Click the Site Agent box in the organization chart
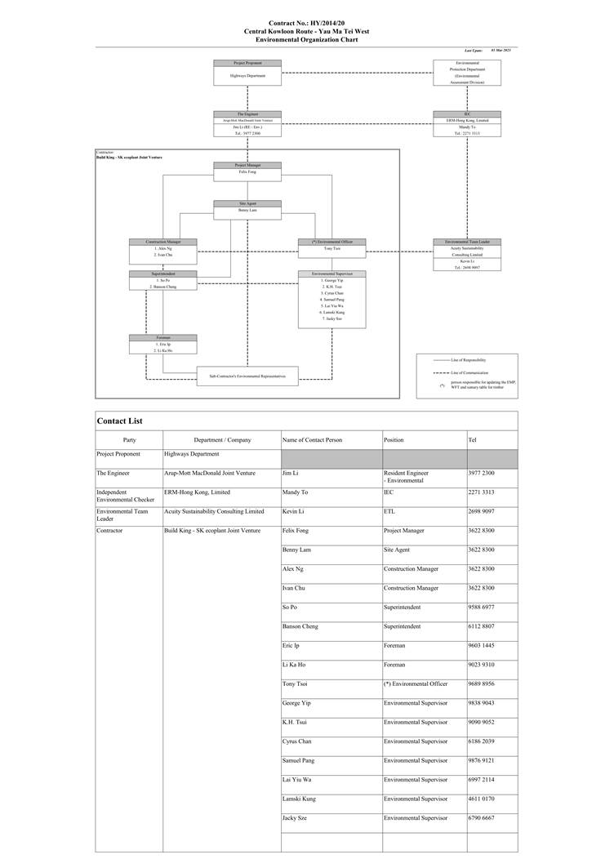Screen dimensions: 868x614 (247, 207)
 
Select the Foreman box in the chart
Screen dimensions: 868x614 (163, 345)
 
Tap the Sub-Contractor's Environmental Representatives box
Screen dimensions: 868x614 (247, 375)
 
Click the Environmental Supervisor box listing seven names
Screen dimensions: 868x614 (332, 298)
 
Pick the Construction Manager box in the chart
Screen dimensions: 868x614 (163, 249)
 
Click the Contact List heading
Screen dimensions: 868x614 (120, 421)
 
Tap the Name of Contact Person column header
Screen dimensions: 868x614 (312, 440)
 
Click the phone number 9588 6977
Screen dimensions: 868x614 (481, 607)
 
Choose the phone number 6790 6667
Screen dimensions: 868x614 (481, 817)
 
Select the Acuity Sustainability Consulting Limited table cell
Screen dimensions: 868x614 (214, 511)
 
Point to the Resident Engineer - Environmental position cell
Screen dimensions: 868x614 (406, 477)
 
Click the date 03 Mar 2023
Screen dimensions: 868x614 (501, 51)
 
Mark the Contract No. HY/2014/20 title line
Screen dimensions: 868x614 (306, 24)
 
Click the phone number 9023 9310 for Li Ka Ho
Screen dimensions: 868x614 (481, 664)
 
